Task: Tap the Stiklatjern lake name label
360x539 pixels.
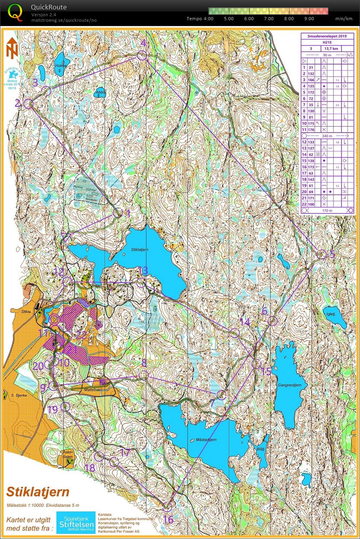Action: (139, 250)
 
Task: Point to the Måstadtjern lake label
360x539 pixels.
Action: (206, 440)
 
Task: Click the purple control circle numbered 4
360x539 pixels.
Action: (142, 56)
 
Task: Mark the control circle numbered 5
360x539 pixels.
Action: (322, 255)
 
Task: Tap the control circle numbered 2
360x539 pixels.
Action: (28, 104)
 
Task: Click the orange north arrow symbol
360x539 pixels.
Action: (12, 48)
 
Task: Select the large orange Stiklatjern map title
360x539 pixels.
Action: (38, 492)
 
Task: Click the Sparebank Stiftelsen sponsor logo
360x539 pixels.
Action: (76, 522)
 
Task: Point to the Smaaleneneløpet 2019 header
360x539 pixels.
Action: (327, 36)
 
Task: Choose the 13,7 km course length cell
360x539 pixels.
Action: (331, 49)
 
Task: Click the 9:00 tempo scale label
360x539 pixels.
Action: (309, 19)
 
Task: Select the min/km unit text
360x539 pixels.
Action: (343, 19)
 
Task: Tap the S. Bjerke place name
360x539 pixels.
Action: (18, 395)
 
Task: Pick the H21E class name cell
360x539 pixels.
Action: (327, 42)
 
